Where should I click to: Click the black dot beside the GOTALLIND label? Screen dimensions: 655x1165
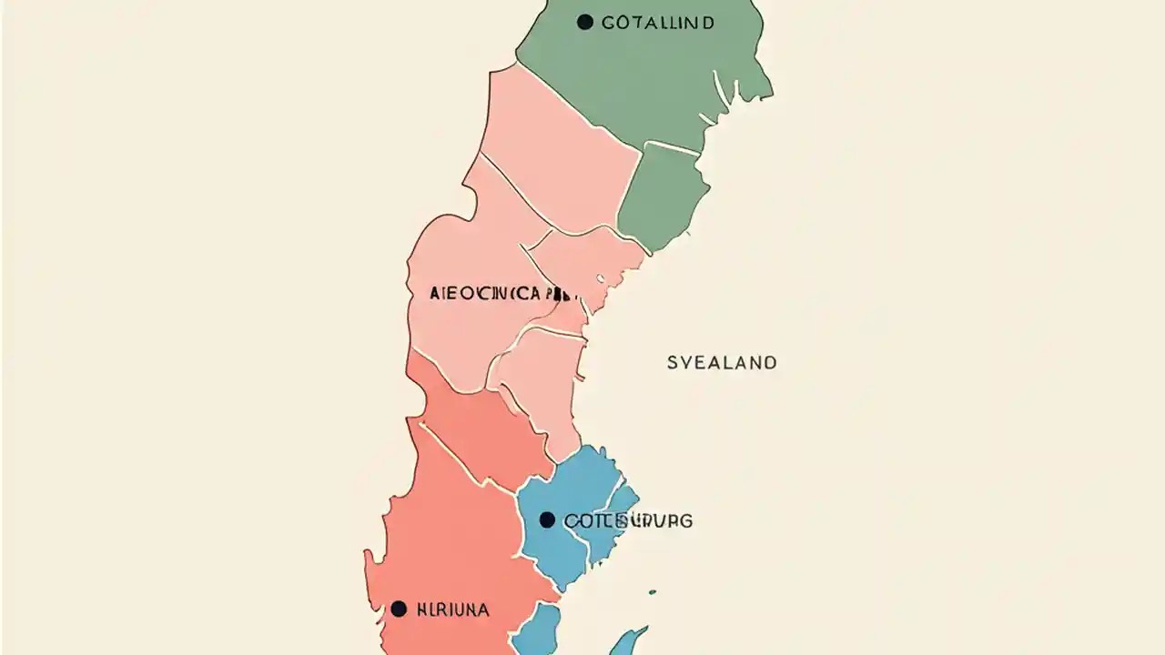(584, 22)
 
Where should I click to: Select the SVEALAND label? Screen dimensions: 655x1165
(722, 363)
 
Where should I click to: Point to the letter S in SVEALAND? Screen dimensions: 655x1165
(673, 363)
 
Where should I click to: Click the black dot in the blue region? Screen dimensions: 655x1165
(547, 520)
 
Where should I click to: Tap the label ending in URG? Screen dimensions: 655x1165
(628, 521)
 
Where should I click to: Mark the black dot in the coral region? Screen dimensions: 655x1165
(399, 610)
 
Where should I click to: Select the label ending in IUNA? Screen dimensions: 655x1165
(452, 610)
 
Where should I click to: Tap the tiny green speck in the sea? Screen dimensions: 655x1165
(652, 593)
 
